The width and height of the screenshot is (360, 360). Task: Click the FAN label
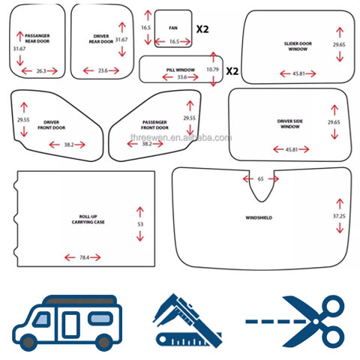point(173,28)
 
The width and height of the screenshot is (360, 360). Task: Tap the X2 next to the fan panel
point(202,29)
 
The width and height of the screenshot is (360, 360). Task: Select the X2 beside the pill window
point(232,71)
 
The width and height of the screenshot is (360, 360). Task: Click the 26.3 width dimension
point(41,71)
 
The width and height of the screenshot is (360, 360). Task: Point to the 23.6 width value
point(103,70)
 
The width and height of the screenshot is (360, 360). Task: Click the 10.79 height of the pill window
point(212,69)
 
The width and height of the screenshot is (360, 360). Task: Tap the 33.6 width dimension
point(182,77)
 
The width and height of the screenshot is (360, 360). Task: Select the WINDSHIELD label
point(259,217)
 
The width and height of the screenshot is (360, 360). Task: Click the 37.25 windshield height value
point(339,216)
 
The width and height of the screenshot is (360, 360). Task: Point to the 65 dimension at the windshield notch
point(260,178)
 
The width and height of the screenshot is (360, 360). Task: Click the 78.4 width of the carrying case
point(84,257)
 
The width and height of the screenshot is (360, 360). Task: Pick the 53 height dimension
point(140,224)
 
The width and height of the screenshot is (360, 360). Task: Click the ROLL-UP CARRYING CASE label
point(88,219)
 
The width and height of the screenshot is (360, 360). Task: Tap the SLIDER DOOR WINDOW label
point(298,46)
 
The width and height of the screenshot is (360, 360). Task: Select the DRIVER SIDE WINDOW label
point(290,124)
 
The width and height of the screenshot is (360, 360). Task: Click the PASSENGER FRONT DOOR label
point(154,125)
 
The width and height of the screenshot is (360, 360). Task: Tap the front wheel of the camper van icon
point(28,342)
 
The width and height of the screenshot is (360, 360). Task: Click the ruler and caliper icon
point(187,321)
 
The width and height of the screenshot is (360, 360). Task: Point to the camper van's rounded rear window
point(100,319)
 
